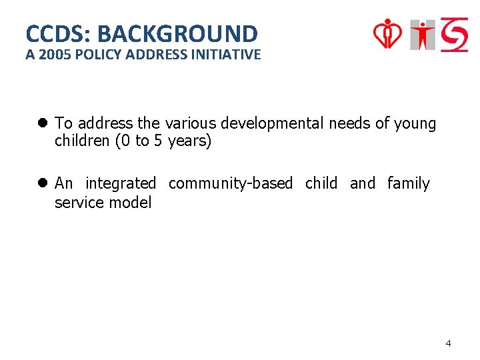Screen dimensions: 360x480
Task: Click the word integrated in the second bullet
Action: point(121,183)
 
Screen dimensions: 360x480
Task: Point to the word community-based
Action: point(231,183)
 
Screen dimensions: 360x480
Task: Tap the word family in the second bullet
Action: point(408,183)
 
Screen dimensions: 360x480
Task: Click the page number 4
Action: point(448,343)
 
